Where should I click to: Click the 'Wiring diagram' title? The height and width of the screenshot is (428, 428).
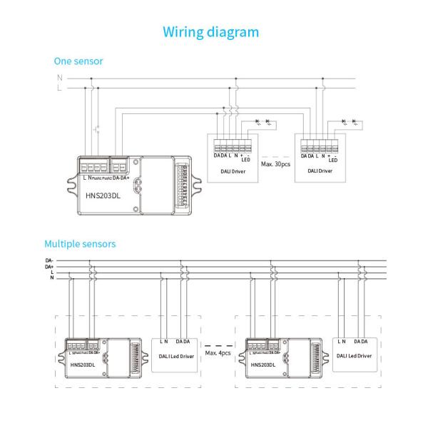[210, 32]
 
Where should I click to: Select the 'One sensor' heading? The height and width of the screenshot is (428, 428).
[78, 61]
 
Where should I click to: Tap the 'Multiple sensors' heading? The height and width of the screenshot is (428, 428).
[80, 244]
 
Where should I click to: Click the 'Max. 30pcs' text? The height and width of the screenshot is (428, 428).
[276, 165]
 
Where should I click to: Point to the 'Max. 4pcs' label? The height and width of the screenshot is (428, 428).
[218, 353]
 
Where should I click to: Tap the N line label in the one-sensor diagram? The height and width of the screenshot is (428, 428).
[59, 77]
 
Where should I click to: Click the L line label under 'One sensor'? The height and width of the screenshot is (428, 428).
[59, 88]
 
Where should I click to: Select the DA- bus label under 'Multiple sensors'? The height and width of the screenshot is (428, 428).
[49, 260]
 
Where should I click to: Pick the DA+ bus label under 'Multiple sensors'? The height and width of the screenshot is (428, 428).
[49, 266]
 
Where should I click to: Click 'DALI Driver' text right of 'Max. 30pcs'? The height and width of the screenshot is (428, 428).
[319, 171]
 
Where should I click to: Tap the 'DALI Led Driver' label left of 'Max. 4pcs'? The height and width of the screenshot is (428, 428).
[175, 355]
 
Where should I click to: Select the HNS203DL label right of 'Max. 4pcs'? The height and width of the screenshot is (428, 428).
[263, 365]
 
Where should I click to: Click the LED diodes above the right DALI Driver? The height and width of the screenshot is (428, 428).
[348, 121]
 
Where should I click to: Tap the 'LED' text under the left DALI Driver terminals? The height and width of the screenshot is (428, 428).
[245, 160]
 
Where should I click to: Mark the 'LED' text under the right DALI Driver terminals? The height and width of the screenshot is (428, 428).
[332, 160]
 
